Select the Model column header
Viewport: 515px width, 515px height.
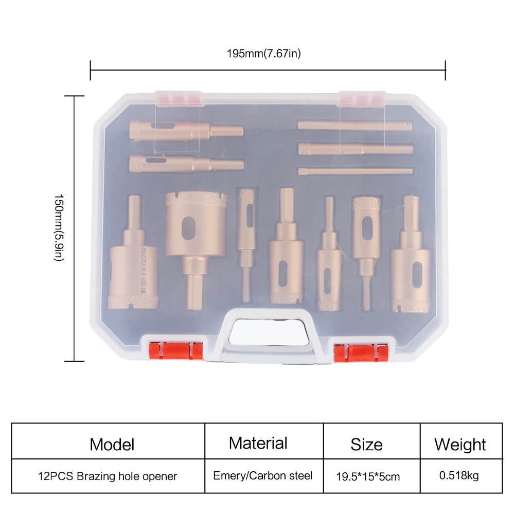(112, 445)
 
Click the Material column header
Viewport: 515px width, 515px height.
(258, 443)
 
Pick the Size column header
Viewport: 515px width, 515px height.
(366, 445)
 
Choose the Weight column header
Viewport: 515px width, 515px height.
(460, 445)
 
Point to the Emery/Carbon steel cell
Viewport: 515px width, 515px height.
(262, 475)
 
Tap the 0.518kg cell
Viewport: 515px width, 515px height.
(459, 475)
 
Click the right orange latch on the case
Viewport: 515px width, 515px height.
(360, 352)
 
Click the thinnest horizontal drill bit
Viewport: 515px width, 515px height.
(356, 171)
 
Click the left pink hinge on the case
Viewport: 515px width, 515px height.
(177, 98)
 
